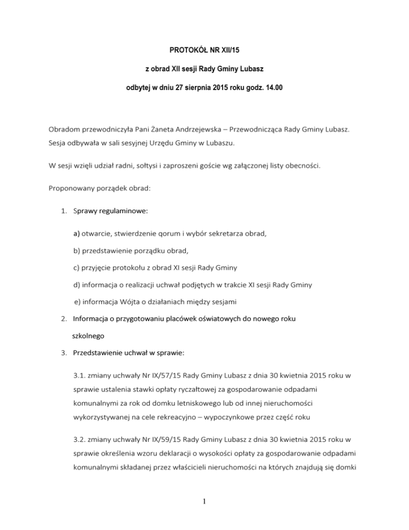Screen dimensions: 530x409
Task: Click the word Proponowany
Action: click(75, 189)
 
